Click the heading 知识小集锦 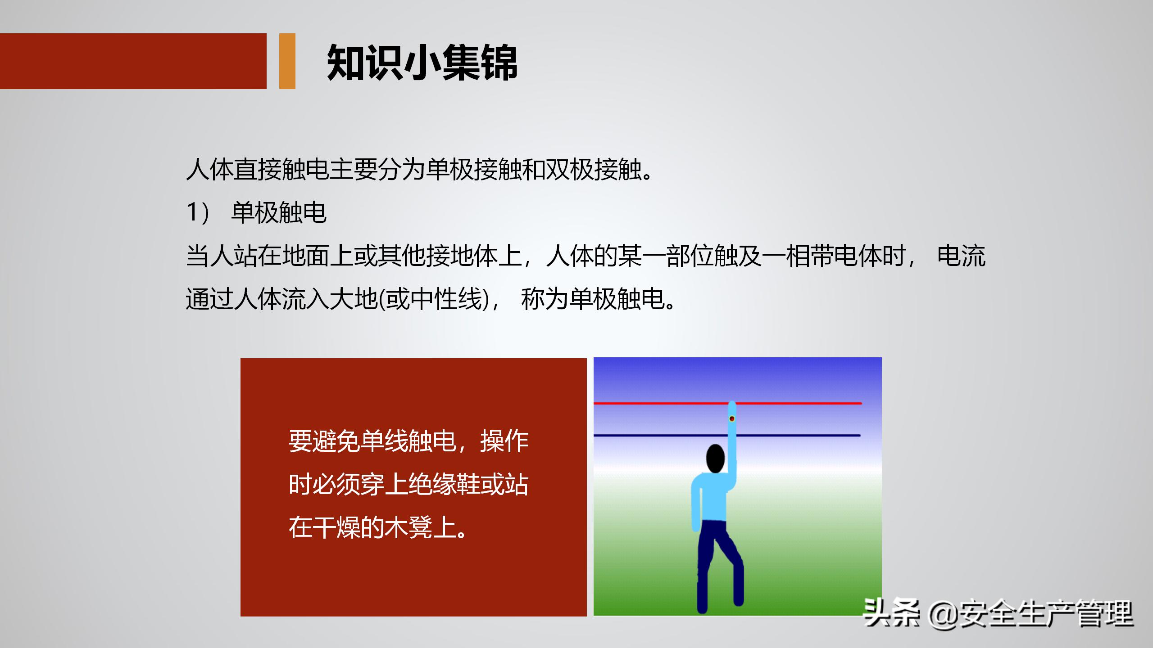[x=422, y=63]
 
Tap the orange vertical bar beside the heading [x=287, y=61]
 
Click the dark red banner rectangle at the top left [x=133, y=61]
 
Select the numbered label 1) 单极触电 [x=256, y=212]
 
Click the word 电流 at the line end [x=961, y=256]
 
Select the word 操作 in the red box [x=504, y=441]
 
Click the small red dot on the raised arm [x=732, y=419]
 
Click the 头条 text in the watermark [x=891, y=613]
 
